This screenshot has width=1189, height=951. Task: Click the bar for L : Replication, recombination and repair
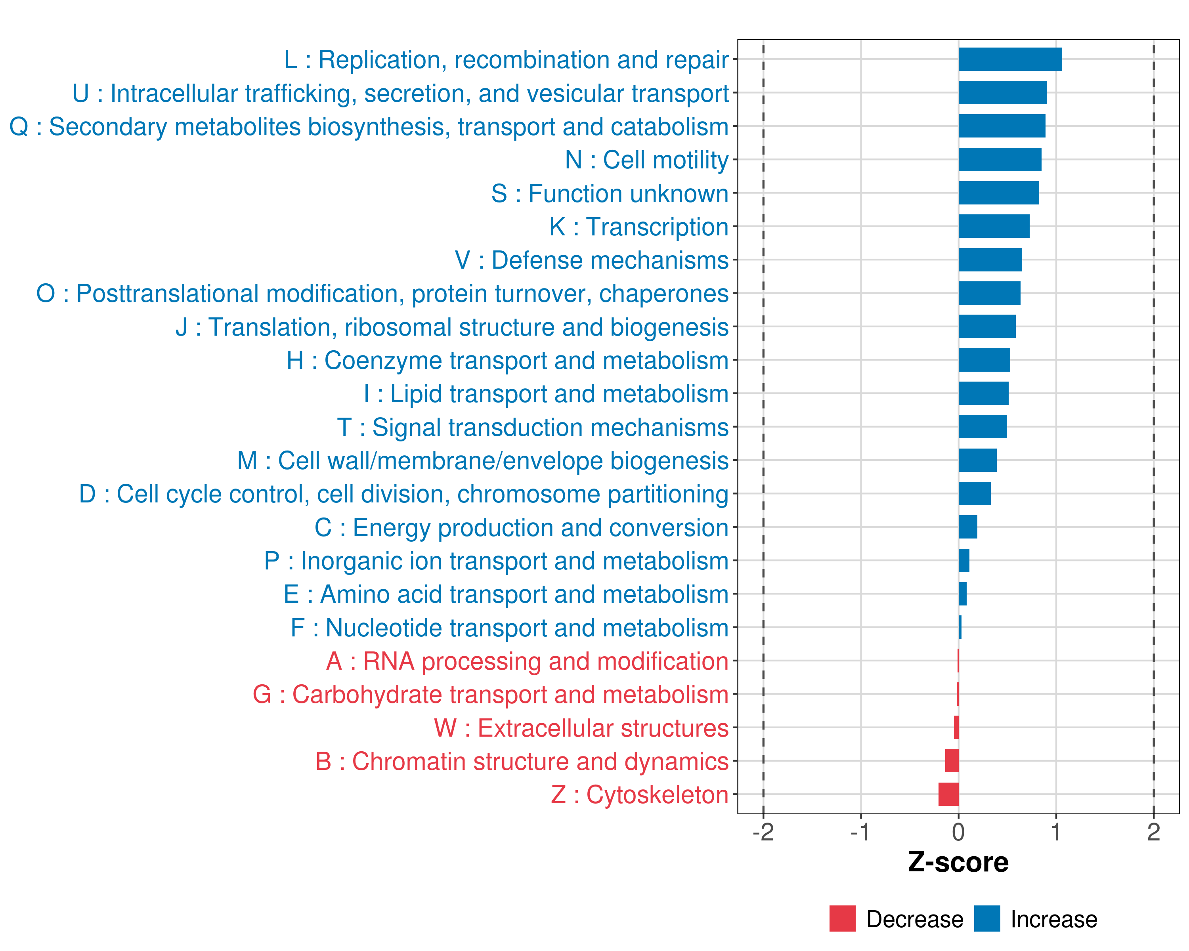point(1010,59)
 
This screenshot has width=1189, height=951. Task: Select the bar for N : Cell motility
point(999,160)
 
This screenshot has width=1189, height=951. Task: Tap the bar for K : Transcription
point(994,227)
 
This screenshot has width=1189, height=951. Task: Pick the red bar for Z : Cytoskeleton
point(948,794)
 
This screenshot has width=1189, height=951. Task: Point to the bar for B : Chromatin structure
point(952,761)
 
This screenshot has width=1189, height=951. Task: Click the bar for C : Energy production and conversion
point(968,527)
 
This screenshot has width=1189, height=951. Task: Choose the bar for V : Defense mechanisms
point(990,260)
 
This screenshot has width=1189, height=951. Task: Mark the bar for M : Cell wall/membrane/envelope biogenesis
point(977,460)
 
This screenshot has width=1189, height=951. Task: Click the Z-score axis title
point(958,862)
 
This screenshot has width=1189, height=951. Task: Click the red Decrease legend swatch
point(842,919)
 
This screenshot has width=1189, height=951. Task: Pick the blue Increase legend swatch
point(986,919)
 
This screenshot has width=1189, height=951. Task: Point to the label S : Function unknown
point(610,193)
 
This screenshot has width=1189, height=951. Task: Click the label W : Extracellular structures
point(581,728)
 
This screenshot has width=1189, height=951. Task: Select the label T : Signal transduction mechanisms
point(533,427)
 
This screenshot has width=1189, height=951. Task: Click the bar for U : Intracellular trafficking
point(1002,93)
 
